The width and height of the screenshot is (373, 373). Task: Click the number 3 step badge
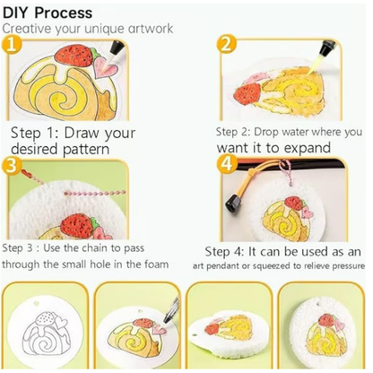pos(11,166)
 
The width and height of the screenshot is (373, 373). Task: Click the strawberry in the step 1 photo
pos(75,56)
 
